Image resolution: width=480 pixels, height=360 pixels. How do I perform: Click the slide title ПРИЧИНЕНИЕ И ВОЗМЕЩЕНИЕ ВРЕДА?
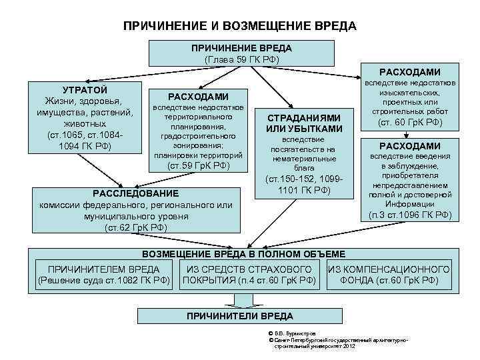240,26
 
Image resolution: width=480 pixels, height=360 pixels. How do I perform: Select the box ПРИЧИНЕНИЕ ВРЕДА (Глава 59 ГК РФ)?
241,53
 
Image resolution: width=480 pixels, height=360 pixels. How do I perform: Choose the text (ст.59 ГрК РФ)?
198,166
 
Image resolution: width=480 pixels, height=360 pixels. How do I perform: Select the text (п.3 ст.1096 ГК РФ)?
409,215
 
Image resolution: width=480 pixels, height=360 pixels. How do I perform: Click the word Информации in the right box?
409,205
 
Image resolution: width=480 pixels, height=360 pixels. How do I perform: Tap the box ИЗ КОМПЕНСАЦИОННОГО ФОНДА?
389,275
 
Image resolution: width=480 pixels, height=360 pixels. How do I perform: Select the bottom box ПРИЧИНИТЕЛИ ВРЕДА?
239,315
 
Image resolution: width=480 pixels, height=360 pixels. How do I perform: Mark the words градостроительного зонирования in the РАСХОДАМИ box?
198,139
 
